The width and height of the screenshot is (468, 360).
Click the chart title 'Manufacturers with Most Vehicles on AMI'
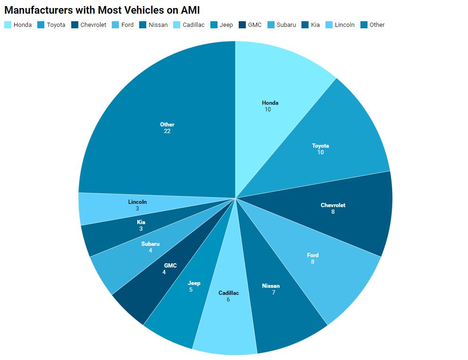pyautogui.click(x=102, y=10)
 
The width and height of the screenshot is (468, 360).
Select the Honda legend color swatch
pyautogui.click(x=8, y=25)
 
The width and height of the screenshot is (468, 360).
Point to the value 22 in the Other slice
pyautogui.click(x=167, y=131)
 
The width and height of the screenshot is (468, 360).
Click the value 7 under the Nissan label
pyautogui.click(x=273, y=293)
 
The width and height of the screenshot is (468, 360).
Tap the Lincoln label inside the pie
pyautogui.click(x=137, y=202)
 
